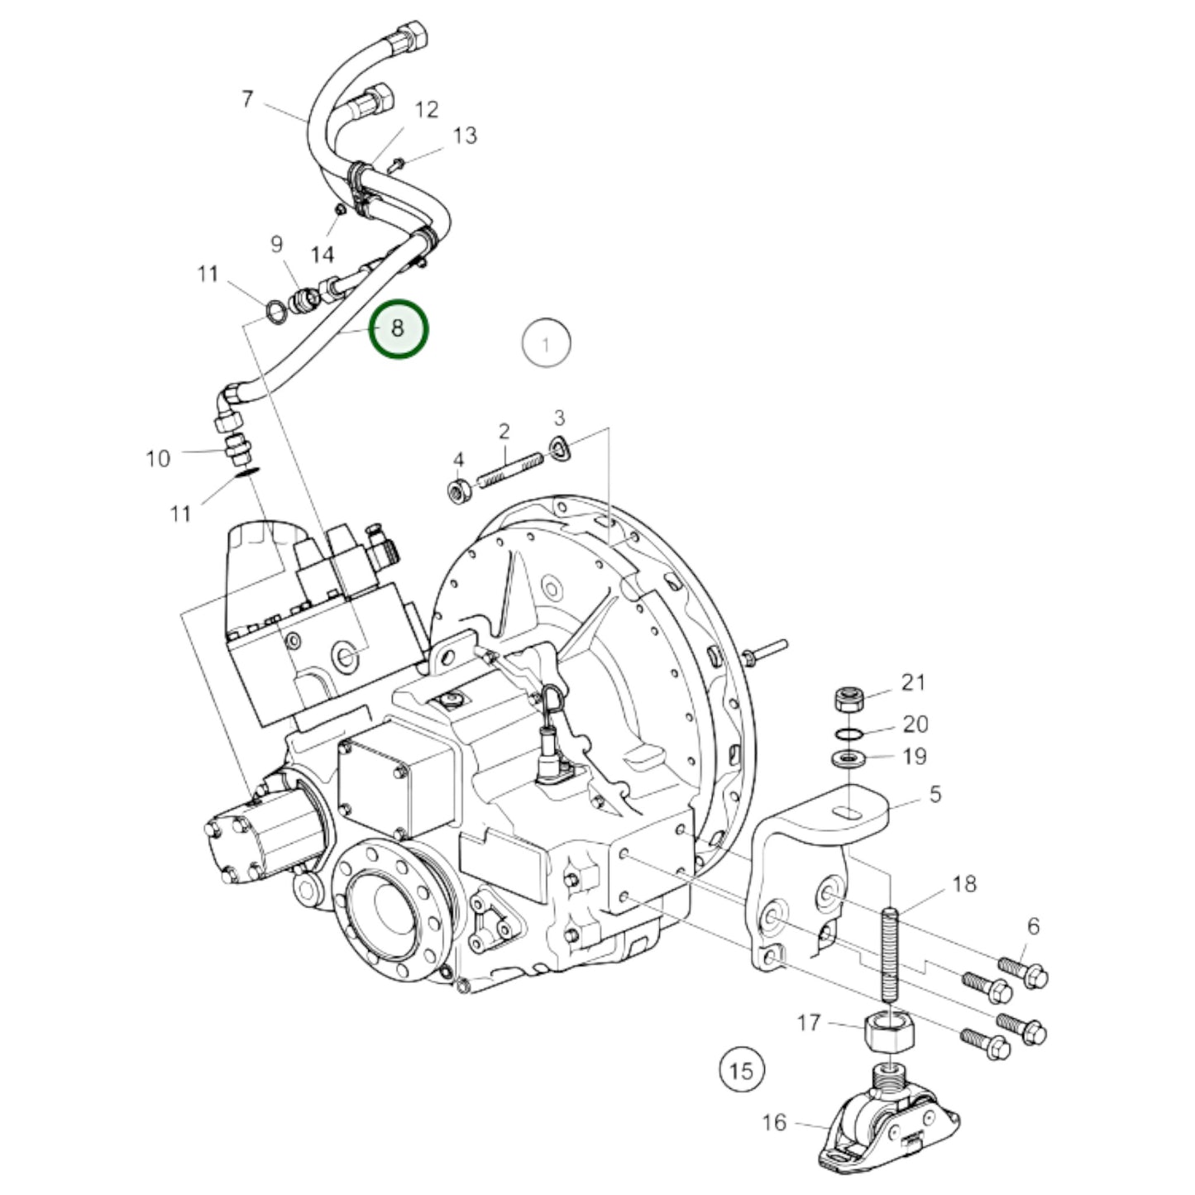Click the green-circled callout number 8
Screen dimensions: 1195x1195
398,328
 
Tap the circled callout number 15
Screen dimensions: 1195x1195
741,1071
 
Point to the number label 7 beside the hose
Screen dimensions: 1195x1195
247,99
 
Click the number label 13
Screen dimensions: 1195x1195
466,136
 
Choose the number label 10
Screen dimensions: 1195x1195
158,458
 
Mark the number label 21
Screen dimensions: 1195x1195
913,682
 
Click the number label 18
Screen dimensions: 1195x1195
964,883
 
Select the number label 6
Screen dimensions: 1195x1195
1033,927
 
